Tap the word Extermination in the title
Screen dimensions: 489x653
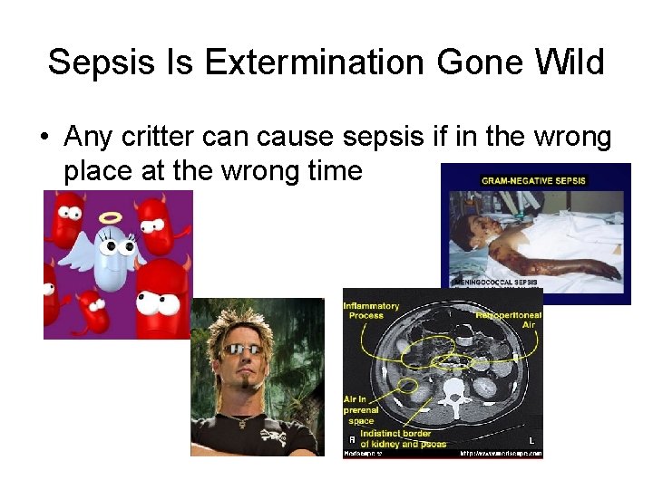click(315, 63)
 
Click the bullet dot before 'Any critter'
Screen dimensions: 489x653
click(44, 138)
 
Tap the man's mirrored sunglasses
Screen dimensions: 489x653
click(247, 350)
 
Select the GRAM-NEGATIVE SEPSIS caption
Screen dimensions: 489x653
click(534, 180)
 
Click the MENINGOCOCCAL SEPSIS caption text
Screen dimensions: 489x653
click(494, 282)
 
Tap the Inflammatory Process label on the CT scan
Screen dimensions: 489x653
click(372, 312)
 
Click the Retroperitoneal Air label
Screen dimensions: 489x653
click(508, 318)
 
